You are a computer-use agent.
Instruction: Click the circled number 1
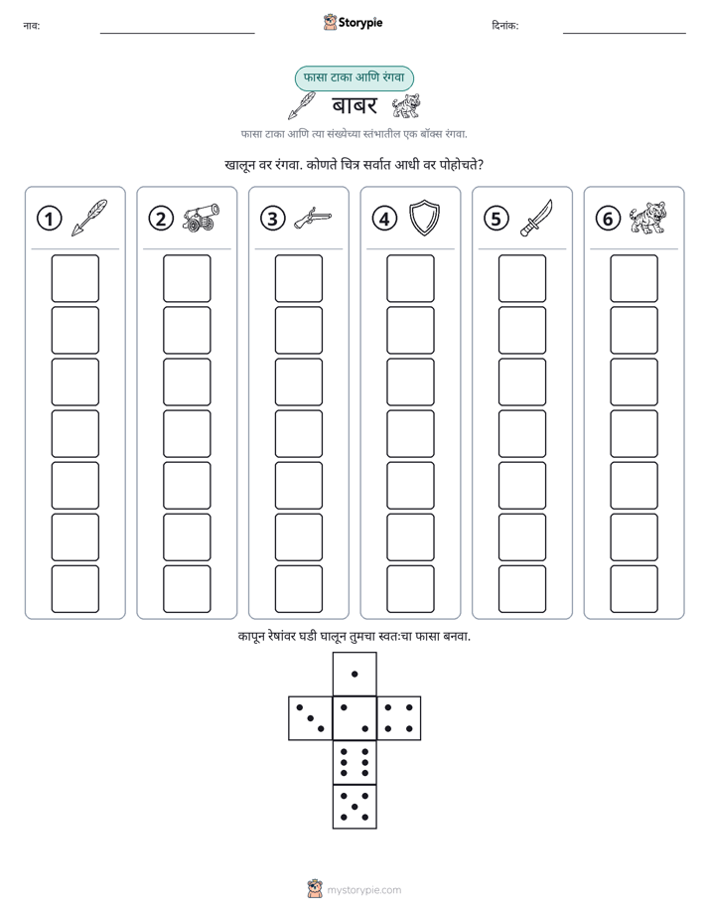[49, 219]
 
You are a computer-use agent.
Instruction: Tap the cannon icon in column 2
[201, 218]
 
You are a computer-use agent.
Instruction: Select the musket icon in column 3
[313, 218]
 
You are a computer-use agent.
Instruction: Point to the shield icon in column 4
[424, 218]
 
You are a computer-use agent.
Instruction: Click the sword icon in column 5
[536, 218]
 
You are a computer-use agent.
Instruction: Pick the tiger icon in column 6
[647, 218]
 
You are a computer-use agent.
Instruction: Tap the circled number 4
[384, 219]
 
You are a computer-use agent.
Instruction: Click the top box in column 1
[74, 278]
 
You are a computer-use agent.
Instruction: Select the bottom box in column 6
[635, 589]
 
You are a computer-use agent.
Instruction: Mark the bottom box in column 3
[298, 589]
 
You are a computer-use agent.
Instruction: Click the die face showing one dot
[354, 674]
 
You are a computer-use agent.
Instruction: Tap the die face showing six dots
[354, 762]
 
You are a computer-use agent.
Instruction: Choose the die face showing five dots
[354, 807]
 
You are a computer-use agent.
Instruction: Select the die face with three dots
[311, 717]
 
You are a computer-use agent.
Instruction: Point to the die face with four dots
[399, 717]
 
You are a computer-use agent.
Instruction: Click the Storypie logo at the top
[353, 22]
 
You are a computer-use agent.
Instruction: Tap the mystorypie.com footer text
[363, 890]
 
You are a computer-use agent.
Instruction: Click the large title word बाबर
[354, 105]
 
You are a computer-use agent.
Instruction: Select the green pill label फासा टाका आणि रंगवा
[354, 77]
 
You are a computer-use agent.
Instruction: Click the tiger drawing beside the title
[405, 106]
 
